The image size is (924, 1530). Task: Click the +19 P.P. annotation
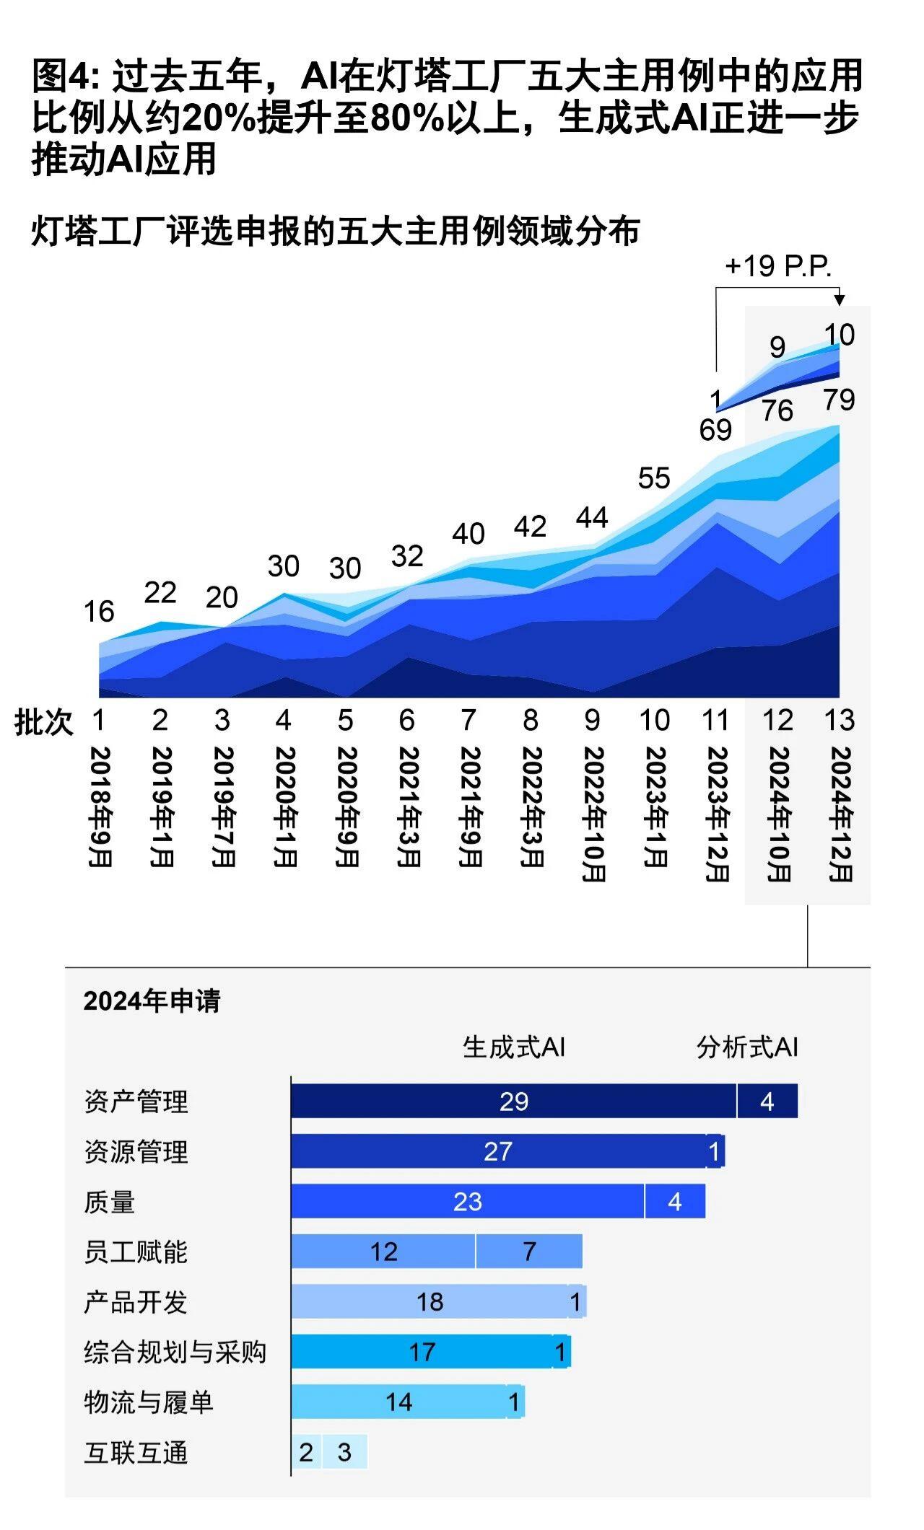[x=777, y=266]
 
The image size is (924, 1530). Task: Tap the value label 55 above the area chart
[x=654, y=478]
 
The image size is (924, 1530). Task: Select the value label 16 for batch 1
[x=99, y=612]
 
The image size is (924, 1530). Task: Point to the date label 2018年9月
[x=100, y=806]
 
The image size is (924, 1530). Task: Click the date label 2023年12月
[x=717, y=814]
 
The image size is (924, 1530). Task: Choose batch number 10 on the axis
[x=654, y=720]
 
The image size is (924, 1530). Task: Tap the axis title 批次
[x=44, y=721]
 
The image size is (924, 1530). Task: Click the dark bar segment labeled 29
[x=513, y=1102]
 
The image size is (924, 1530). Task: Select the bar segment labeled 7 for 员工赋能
[x=529, y=1252]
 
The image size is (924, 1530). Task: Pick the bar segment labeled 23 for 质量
[x=468, y=1202]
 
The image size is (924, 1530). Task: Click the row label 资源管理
[x=136, y=1152]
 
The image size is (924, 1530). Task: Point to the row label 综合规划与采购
[x=175, y=1353]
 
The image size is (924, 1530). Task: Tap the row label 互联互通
[x=136, y=1453]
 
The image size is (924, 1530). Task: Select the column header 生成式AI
[x=513, y=1047]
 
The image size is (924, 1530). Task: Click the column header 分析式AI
[x=747, y=1047]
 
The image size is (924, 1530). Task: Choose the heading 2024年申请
[x=152, y=1001]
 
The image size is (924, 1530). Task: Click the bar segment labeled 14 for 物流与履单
[x=398, y=1402]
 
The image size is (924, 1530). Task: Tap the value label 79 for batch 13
[x=839, y=400]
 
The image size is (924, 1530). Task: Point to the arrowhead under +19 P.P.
[x=839, y=300]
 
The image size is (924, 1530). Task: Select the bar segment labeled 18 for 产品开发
[x=430, y=1302]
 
